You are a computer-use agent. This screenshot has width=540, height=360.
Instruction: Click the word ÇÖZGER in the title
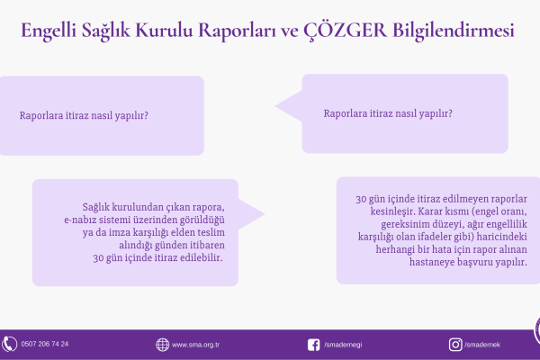coord(345,31)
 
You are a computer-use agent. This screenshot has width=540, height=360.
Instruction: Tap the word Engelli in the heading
coord(49,31)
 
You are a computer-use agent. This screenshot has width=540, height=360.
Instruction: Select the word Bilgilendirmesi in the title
coord(454,31)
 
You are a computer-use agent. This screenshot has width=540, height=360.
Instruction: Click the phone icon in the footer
coord(9,344)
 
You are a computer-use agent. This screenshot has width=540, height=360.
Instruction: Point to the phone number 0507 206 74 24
coord(45,344)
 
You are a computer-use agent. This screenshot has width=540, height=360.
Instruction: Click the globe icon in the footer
coord(162,345)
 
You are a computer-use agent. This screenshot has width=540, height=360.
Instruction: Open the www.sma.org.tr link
coord(195,345)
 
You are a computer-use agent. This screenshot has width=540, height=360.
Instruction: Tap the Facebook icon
coord(314,345)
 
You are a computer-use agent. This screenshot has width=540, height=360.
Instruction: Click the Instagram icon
coord(455,345)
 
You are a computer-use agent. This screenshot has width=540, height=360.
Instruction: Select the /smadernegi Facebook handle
coord(343,345)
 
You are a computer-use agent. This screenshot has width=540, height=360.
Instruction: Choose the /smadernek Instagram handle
coord(482,345)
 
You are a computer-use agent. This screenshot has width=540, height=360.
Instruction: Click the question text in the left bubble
coord(84,115)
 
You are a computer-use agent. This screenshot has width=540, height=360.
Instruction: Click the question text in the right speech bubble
coord(388,113)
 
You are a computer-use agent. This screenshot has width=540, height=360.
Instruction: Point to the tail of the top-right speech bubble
coord(275,106)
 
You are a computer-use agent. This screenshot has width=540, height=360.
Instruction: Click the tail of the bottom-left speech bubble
coord(264,214)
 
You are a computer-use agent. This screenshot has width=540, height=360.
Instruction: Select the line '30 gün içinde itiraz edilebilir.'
coord(157,257)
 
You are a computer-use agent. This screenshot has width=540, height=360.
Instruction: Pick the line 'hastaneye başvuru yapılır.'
coord(468,262)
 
